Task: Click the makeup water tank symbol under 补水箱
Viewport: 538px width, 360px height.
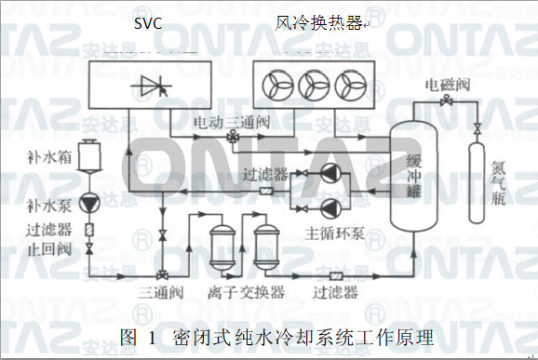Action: click(89, 154)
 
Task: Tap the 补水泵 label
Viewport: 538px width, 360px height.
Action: click(72, 204)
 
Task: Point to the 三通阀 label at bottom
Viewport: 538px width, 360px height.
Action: click(159, 293)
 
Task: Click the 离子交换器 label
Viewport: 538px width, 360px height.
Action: click(247, 293)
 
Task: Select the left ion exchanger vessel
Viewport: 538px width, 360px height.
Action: click(222, 243)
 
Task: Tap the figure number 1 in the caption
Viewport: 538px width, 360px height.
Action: click(148, 334)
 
